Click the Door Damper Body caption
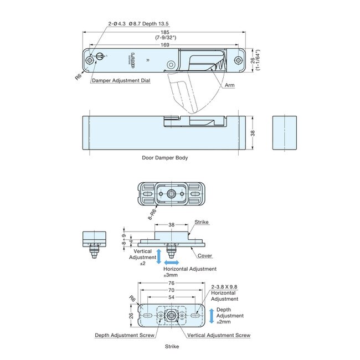tap(165, 158)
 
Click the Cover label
tap(205, 256)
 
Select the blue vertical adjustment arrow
tap(158, 256)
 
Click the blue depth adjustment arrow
tap(211, 316)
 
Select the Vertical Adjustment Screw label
tap(219, 335)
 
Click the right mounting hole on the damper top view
tap(239, 60)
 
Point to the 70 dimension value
tap(172, 290)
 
